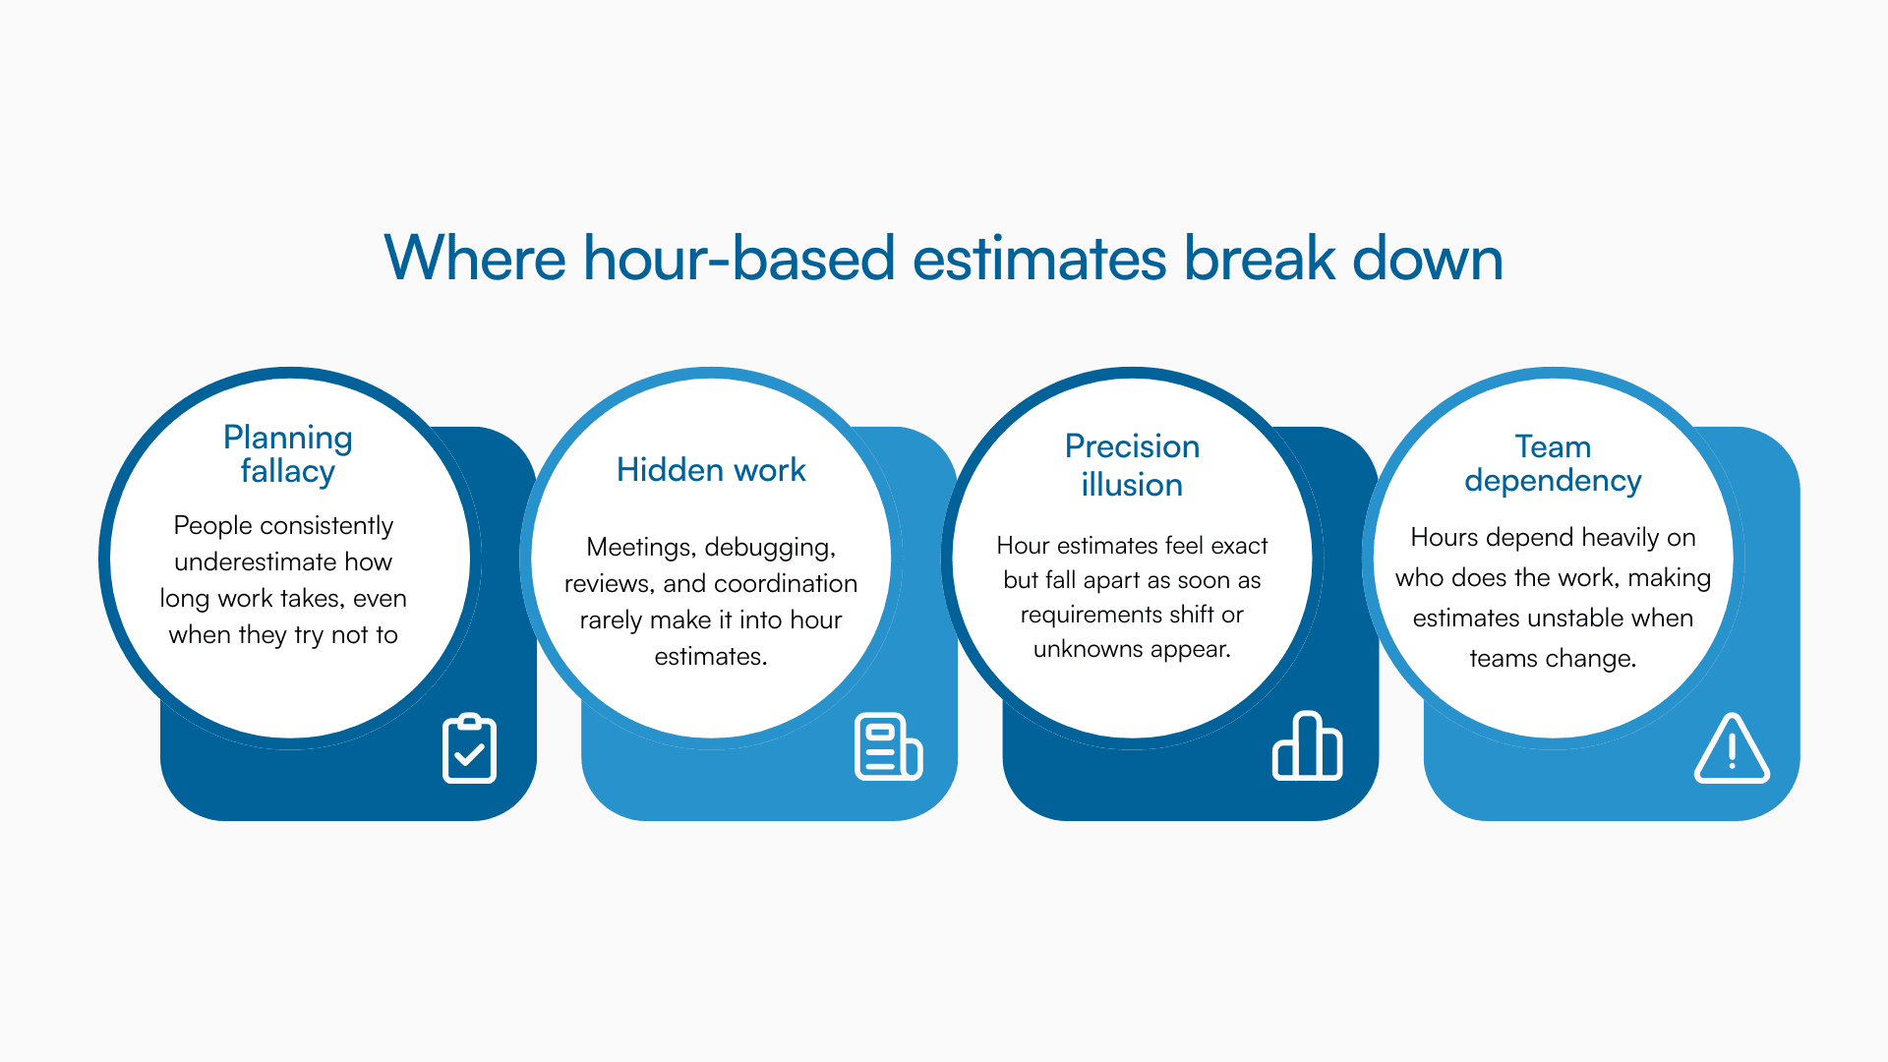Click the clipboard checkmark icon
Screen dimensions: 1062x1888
click(469, 748)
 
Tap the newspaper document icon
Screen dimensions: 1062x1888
click(888, 746)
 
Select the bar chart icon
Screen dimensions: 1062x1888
click(1307, 746)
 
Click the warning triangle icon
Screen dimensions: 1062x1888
click(1732, 749)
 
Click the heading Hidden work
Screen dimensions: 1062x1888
click(711, 470)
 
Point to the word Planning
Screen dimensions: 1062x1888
click(287, 438)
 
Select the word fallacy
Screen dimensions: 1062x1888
click(287, 472)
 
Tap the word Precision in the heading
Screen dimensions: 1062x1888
click(1132, 446)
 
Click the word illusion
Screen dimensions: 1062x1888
click(1132, 485)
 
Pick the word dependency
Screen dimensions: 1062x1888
click(1553, 481)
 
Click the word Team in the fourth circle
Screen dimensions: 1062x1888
click(1553, 446)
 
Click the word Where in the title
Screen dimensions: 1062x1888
click(474, 259)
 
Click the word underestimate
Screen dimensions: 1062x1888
click(256, 562)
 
